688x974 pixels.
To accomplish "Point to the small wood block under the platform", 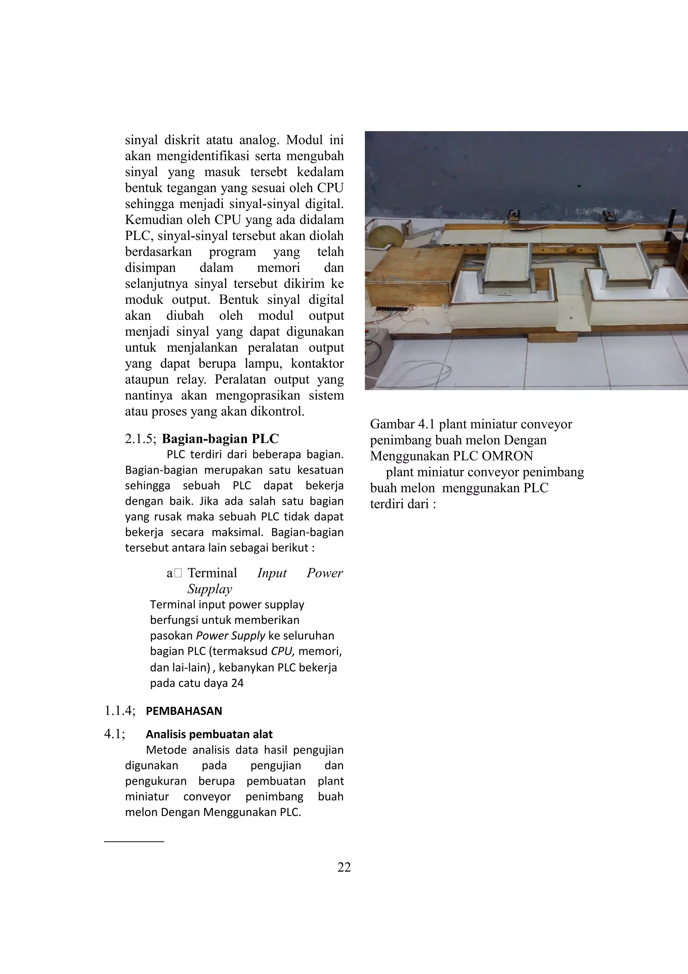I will coord(552,338).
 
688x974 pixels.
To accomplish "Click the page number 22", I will coord(344,867).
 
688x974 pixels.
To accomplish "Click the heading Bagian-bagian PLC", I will coord(220,438).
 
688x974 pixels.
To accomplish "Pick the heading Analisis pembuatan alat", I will coord(209,734).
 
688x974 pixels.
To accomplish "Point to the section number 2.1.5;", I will coord(141,439).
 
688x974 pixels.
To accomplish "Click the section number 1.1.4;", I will coord(120,711).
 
